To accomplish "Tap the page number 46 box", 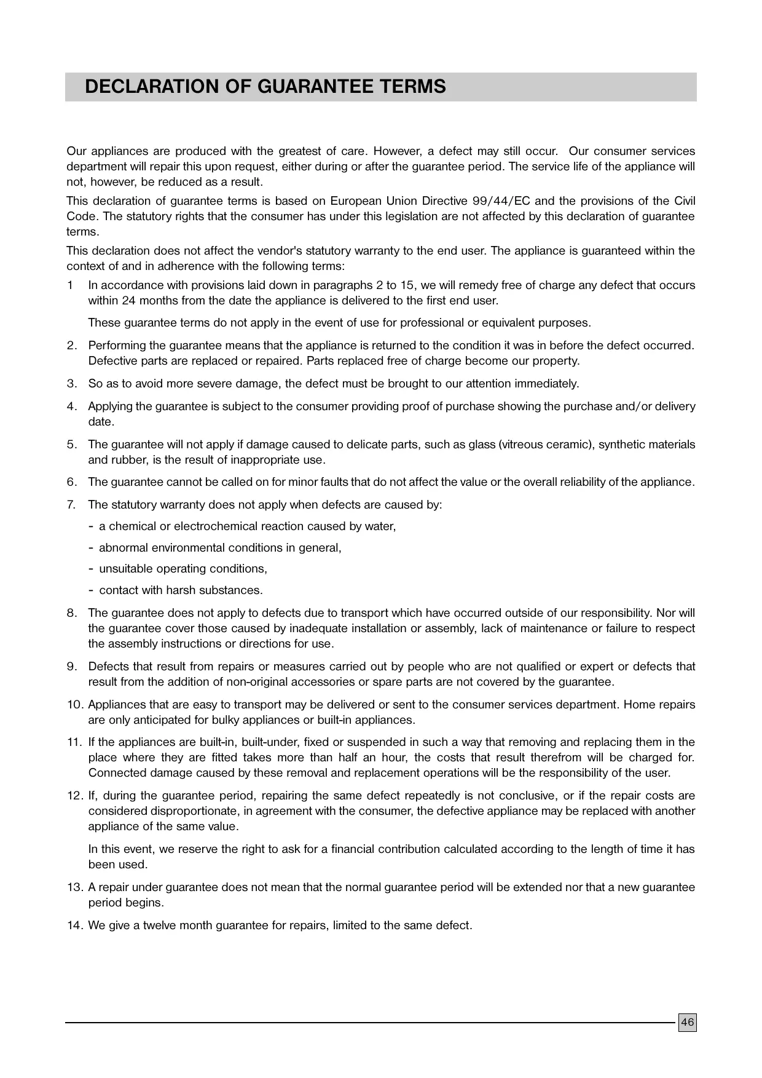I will [687, 1023].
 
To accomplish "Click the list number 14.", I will [74, 925].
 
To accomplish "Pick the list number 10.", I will [74, 705].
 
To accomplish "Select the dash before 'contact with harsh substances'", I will [91, 590].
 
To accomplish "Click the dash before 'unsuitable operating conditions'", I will [91, 569].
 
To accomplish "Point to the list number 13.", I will [74, 887].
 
